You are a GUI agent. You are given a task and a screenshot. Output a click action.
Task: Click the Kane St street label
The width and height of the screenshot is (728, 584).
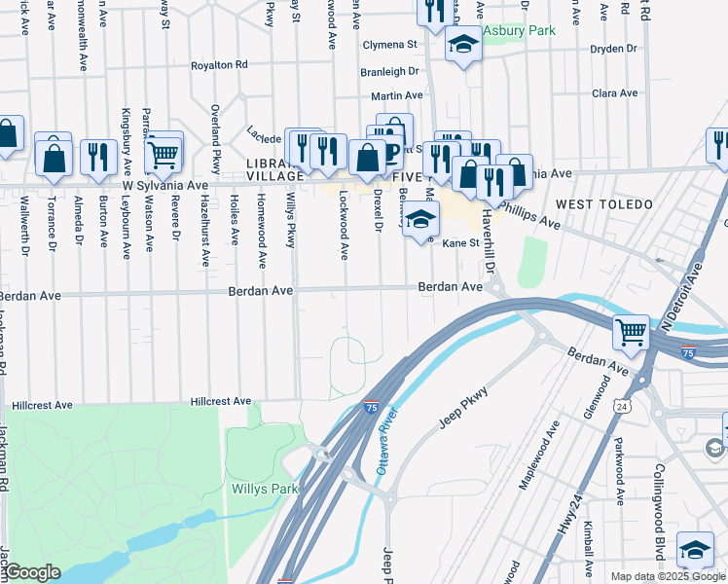point(461,243)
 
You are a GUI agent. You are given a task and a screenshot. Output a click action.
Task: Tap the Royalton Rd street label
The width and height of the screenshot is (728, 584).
point(219,64)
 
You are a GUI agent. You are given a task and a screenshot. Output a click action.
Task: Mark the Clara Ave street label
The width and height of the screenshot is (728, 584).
point(614,93)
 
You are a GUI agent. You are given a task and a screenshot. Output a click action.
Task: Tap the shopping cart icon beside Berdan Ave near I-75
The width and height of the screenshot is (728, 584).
point(631,332)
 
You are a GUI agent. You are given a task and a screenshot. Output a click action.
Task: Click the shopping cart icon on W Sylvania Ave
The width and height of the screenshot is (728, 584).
point(163,153)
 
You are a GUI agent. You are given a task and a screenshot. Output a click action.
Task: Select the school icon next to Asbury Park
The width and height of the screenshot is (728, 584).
point(463,44)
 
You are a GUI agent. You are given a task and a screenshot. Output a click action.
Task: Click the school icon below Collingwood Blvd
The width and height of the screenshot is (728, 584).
point(695,549)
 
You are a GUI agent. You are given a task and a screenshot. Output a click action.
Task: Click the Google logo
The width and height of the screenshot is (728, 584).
point(32,572)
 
